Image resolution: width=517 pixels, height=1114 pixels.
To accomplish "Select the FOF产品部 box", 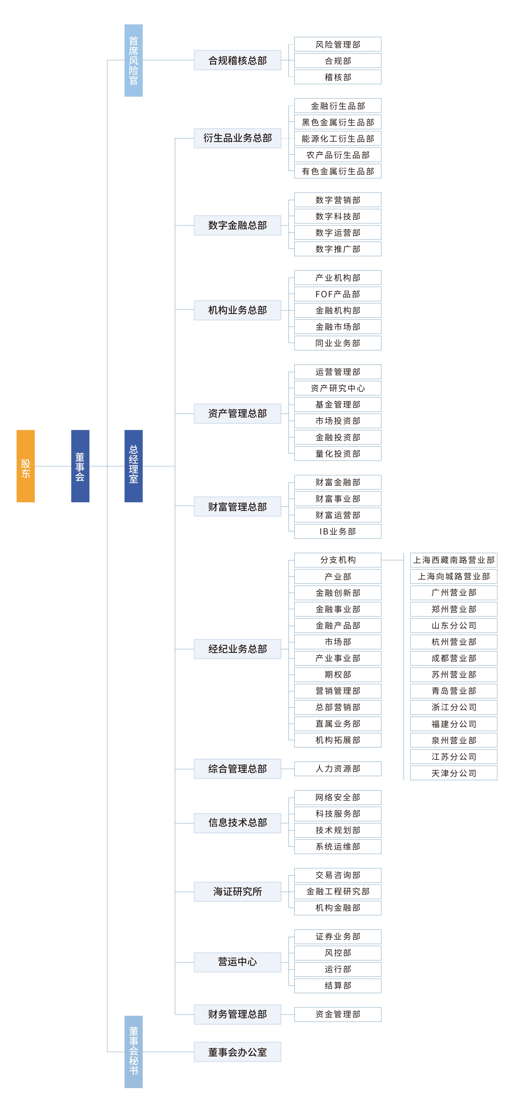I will click(x=338, y=294).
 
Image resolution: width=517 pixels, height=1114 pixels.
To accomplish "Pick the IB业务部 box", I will click(x=338, y=532).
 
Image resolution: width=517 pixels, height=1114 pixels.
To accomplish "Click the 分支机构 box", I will click(x=338, y=560).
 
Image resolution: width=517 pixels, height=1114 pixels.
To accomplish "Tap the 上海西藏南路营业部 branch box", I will click(x=454, y=560).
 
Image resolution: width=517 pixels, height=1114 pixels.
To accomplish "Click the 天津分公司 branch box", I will click(x=454, y=773).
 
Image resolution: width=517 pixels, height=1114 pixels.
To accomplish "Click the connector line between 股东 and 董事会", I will click(x=53, y=466).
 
